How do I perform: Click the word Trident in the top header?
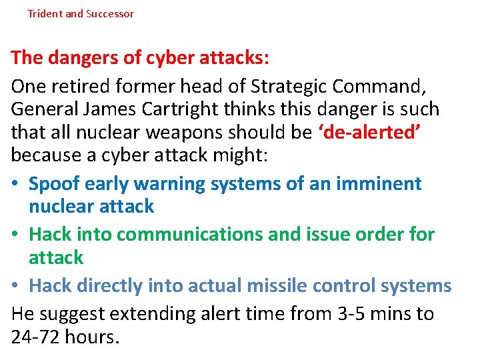pos(45,13)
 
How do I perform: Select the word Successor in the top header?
pos(109,13)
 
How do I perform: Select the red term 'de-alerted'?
pos(369,133)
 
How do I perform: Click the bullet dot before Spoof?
pos(15,184)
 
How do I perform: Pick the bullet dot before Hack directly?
pos(15,286)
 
